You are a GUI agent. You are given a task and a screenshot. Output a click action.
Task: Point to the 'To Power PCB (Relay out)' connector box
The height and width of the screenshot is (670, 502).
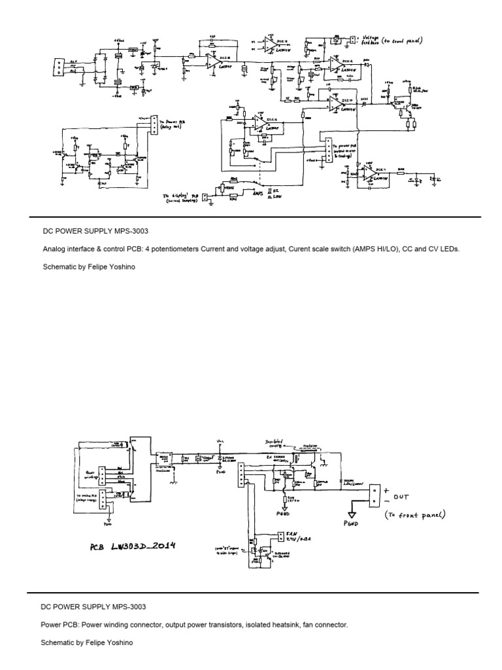pos(154,124)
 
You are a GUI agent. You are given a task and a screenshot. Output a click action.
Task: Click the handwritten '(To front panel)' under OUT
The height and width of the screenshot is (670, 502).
pos(415,515)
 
